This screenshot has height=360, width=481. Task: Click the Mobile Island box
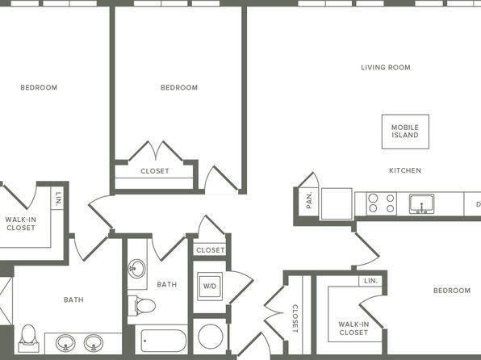tap(405, 132)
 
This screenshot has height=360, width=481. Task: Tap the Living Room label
tap(386, 68)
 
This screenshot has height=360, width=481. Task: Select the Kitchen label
tap(405, 170)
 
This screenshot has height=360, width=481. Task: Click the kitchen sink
tap(421, 203)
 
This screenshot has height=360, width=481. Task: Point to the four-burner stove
tap(381, 203)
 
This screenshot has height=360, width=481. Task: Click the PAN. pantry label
tap(309, 200)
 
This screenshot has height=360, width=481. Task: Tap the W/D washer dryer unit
tap(210, 287)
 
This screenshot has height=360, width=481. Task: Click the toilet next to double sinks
tap(28, 338)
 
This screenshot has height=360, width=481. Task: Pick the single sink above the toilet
tap(137, 269)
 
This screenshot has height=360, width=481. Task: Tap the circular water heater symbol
tap(211, 337)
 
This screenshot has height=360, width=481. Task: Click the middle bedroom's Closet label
tap(155, 171)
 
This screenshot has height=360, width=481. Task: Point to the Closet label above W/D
tap(211, 250)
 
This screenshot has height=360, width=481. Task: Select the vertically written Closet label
tap(295, 319)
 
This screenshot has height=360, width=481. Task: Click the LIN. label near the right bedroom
tap(371, 281)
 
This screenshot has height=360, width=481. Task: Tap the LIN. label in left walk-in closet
tap(57, 199)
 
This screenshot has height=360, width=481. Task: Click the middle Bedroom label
tap(179, 88)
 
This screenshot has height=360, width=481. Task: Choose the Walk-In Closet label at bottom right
tap(353, 329)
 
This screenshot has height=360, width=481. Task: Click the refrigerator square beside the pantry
tap(337, 203)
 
